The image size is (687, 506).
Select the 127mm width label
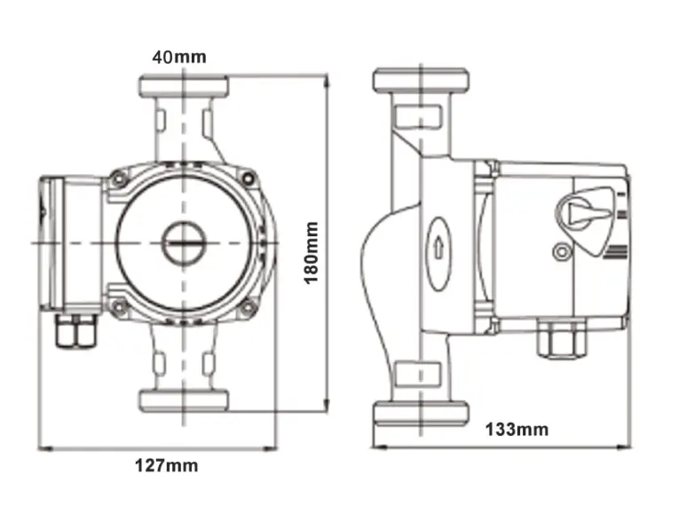(166, 464)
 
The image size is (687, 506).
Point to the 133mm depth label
(517, 430)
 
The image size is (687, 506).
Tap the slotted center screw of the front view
(183, 241)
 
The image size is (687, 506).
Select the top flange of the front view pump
(184, 85)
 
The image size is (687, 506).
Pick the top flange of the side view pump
(421, 80)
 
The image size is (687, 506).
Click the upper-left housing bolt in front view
(118, 180)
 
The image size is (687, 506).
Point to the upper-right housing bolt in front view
(249, 180)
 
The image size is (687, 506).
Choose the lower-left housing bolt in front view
(118, 307)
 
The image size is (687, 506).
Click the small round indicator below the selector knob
(560, 252)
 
